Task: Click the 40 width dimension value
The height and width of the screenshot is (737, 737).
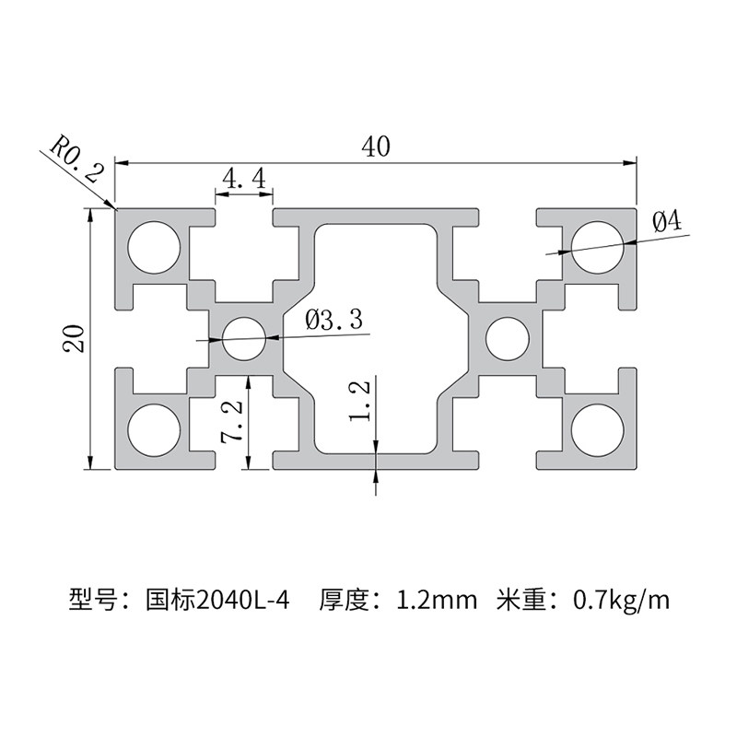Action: pyautogui.click(x=376, y=146)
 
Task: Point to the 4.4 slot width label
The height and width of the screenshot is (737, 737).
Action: pyautogui.click(x=244, y=177)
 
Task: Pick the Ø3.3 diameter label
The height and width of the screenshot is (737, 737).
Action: pyautogui.click(x=333, y=320)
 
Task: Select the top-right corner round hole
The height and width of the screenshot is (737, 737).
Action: pyautogui.click(x=596, y=247)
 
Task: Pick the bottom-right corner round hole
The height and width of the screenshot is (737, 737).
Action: pyautogui.click(x=596, y=430)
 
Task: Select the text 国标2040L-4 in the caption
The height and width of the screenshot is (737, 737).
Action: pyautogui.click(x=218, y=602)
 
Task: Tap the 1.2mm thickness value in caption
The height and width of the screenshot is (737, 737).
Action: pyautogui.click(x=437, y=602)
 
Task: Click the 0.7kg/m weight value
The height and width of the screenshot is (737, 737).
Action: pyautogui.click(x=621, y=602)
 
